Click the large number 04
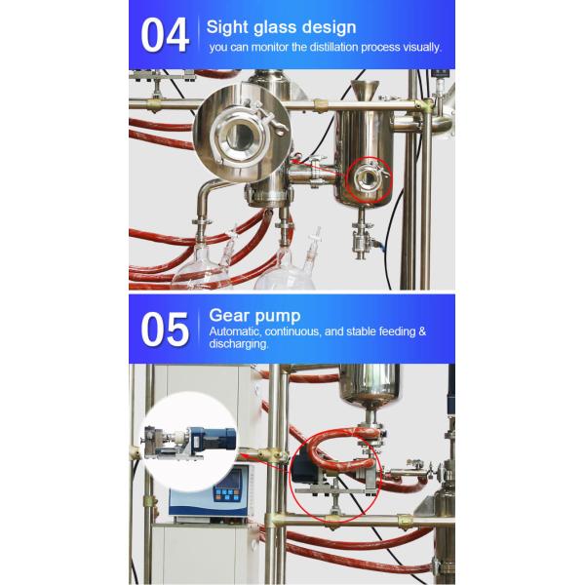pos(165,35)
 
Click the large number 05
pos(165,330)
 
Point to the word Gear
pos(227,315)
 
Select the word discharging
pos(239,343)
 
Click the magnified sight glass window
pos(240,136)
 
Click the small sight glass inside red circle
pos(369,179)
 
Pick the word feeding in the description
pos(398,331)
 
